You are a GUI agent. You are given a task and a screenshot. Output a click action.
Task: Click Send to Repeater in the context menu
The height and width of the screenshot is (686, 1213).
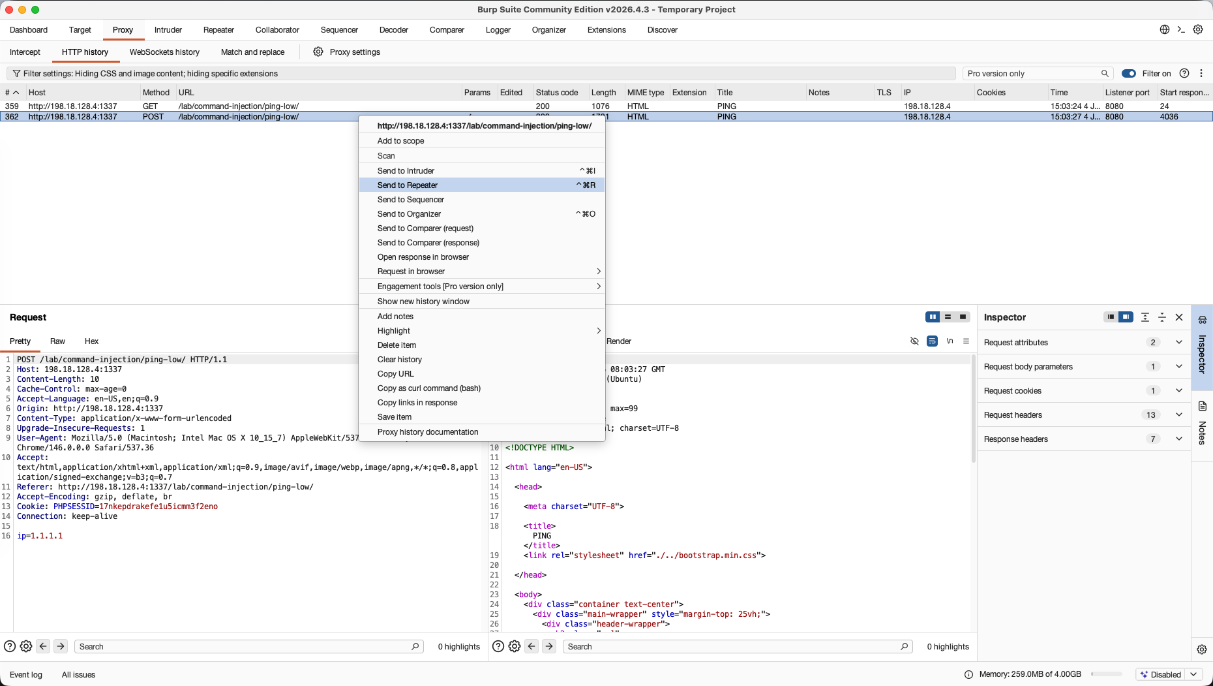408,185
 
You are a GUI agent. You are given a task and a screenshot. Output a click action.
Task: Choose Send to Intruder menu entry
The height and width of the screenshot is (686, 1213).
406,171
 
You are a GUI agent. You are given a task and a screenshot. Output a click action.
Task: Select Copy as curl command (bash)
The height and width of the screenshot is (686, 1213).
429,388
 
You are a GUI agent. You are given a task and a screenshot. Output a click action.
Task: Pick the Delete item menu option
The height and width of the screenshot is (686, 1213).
397,345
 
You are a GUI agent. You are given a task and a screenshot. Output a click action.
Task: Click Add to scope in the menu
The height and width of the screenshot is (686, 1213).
400,141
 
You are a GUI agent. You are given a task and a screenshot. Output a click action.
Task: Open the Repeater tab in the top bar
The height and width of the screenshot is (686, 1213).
218,30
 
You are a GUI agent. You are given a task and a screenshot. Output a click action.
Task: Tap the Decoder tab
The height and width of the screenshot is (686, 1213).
394,30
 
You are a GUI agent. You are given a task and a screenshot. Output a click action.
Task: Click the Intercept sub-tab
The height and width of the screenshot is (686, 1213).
25,52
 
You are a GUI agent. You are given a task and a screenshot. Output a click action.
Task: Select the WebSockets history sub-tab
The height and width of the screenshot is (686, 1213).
164,52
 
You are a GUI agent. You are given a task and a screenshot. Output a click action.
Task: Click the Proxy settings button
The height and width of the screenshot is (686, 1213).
347,52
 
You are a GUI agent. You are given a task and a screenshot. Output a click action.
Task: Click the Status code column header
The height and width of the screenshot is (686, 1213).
557,93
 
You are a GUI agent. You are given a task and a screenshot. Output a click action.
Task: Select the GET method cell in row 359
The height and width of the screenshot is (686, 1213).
150,106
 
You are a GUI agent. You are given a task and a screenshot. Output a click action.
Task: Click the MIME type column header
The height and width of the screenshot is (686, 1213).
646,93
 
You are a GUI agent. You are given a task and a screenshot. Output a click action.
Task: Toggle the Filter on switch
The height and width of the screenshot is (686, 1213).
1129,74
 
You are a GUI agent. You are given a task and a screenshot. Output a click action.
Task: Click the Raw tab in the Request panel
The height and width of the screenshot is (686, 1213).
57,341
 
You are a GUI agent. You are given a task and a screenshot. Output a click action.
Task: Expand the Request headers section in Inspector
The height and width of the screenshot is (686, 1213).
1178,415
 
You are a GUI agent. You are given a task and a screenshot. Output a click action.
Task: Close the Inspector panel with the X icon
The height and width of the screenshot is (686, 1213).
1179,317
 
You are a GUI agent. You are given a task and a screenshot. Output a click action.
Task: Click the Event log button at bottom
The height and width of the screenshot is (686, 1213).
26,675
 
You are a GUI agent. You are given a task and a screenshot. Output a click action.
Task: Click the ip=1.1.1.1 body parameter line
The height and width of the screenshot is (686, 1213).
40,536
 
